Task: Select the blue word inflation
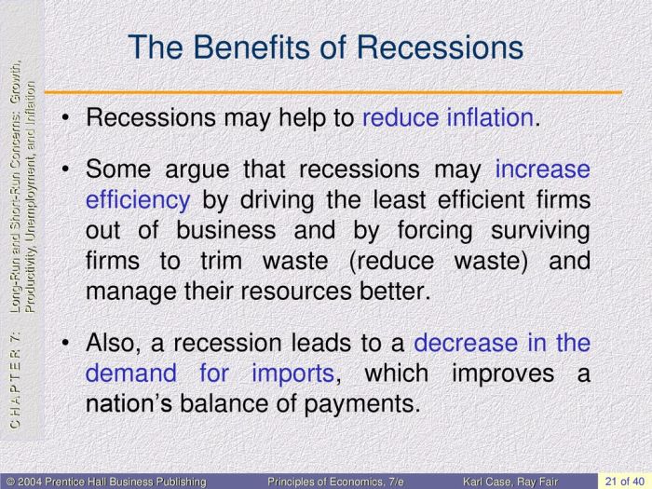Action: [487, 118]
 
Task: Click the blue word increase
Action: [543, 170]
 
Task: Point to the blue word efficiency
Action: [138, 200]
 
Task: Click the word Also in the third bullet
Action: [114, 342]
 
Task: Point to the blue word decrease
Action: [464, 342]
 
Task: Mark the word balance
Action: [234, 403]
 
